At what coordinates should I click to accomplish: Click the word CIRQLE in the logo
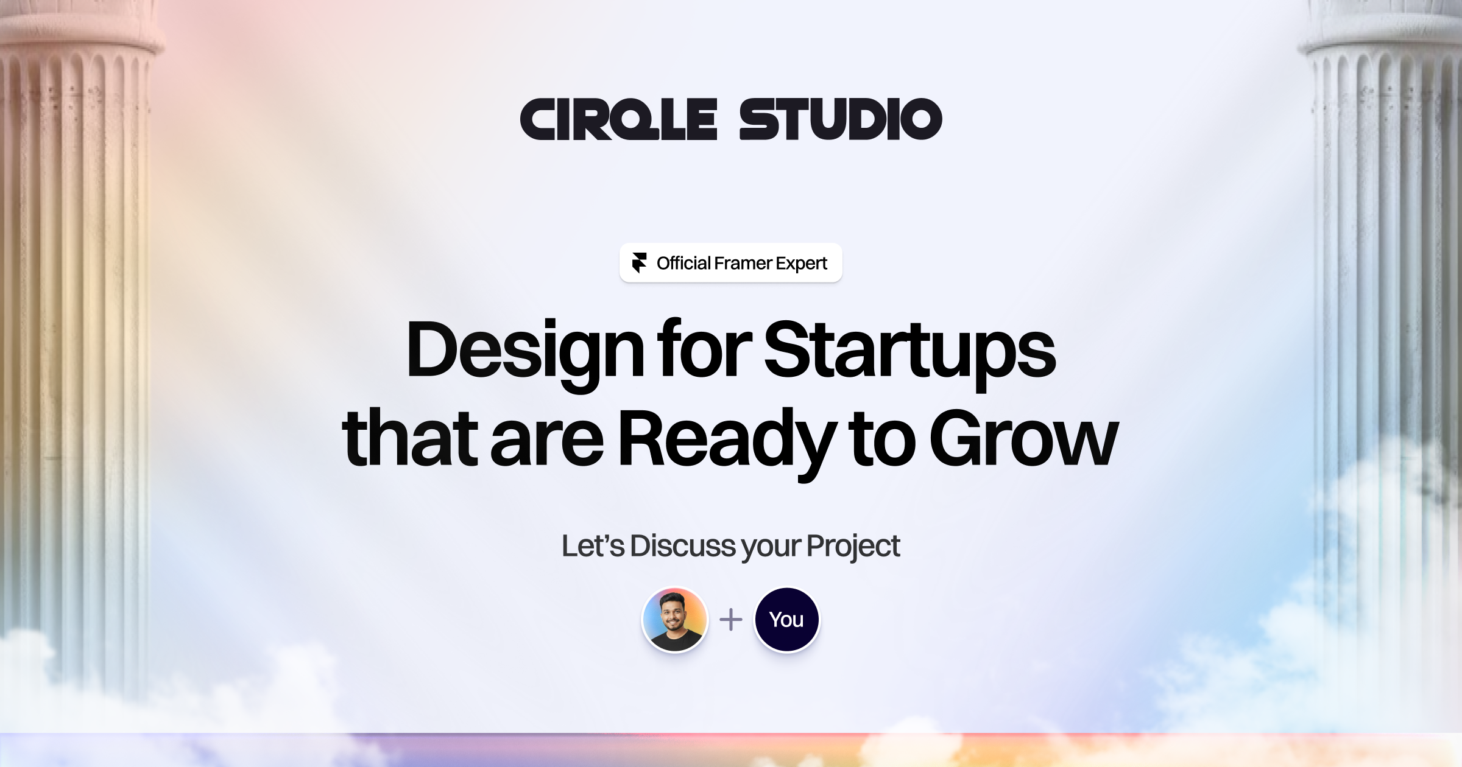point(618,119)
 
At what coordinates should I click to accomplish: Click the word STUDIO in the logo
point(841,119)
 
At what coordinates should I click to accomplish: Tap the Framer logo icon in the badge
point(639,263)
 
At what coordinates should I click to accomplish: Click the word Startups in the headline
point(909,353)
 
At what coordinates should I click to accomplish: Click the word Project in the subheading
point(853,547)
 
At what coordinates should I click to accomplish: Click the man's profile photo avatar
point(675,620)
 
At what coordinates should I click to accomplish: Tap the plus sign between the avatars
point(731,620)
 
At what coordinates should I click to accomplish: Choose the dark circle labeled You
point(786,620)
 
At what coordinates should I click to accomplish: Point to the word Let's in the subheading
point(593,546)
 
